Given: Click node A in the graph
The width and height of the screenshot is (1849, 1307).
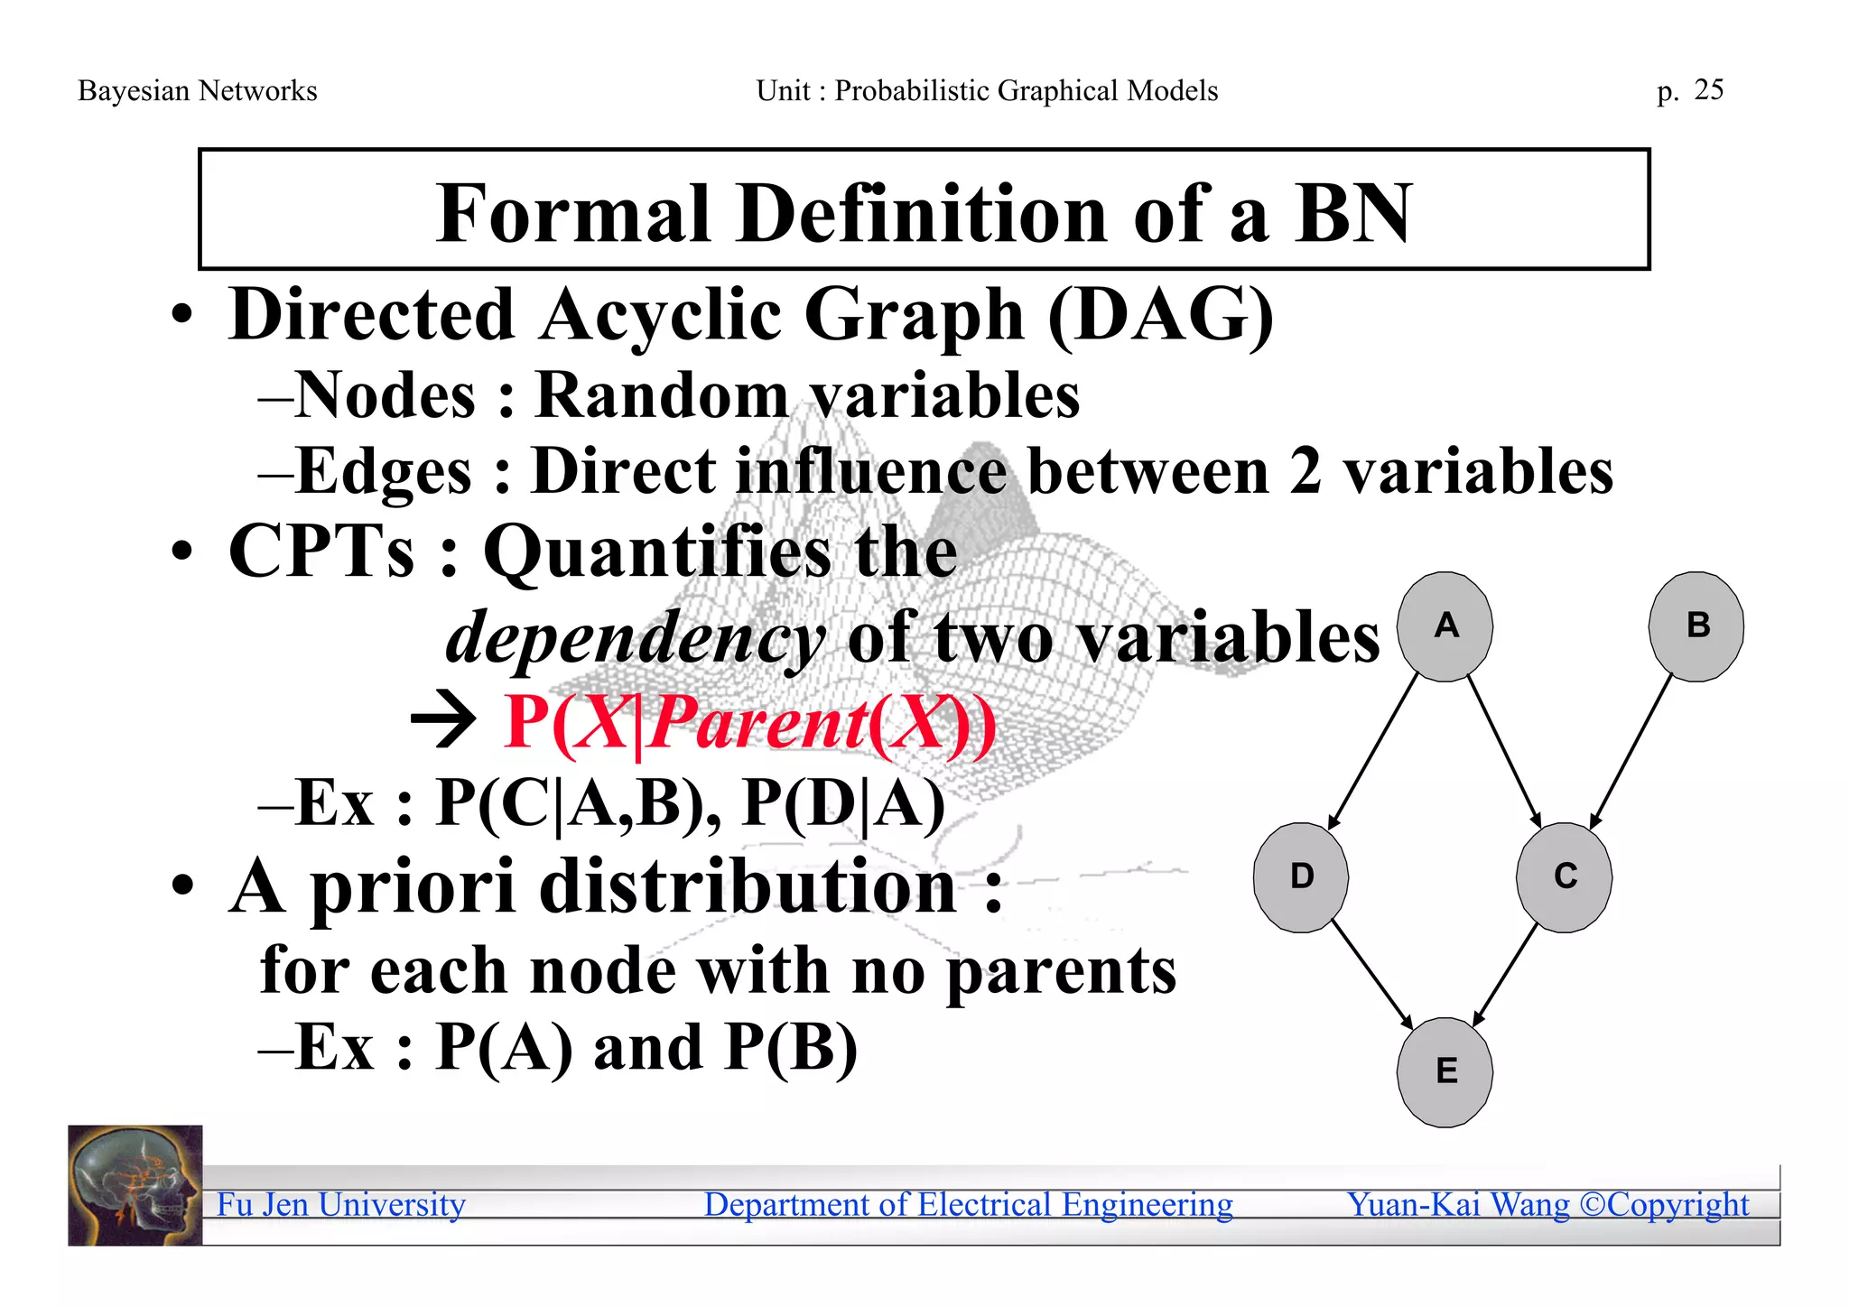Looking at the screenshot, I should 1445,626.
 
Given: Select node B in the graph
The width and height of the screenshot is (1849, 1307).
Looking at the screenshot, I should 1696,626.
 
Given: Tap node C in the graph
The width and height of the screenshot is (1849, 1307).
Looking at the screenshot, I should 1565,876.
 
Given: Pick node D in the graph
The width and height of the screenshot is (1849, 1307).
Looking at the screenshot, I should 1301,876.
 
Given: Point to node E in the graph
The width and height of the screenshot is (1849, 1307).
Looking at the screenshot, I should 1445,1071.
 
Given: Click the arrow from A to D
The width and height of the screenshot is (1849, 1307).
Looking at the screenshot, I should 1372,752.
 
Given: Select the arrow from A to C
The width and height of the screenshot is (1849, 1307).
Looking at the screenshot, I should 1504,752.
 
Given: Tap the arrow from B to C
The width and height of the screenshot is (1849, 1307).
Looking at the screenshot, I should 1631,752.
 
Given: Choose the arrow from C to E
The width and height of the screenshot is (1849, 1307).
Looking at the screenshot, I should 1505,975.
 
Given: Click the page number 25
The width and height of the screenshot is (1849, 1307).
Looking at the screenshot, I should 1708,89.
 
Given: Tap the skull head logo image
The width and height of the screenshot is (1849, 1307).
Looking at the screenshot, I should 135,1185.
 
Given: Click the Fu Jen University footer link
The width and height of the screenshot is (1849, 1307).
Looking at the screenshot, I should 341,1204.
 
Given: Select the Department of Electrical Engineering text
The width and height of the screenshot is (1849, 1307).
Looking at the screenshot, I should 968,1204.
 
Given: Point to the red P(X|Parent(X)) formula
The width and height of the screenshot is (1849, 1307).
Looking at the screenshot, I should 749,723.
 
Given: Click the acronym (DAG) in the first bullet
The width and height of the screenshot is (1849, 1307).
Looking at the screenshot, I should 1161,315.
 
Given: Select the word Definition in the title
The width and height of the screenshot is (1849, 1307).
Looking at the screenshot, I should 923,214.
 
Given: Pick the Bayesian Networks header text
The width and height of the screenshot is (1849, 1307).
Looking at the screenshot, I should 198,90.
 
